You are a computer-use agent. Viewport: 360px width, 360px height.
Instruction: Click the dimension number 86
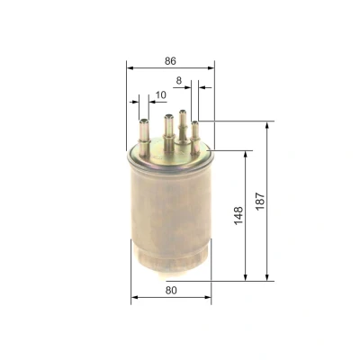170,61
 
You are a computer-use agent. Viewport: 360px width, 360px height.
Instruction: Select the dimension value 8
179,80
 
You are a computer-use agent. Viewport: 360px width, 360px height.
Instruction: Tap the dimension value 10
161,95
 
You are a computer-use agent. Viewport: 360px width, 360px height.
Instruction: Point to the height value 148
238,215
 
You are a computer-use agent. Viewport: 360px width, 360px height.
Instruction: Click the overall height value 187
260,201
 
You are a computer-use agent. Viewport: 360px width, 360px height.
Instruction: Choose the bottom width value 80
171,290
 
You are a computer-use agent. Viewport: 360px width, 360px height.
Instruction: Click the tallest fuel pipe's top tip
182,112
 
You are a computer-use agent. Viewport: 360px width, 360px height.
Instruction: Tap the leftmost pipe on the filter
144,138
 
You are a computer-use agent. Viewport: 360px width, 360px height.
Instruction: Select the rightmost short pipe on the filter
195,137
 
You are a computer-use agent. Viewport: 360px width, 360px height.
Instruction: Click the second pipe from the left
169,132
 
